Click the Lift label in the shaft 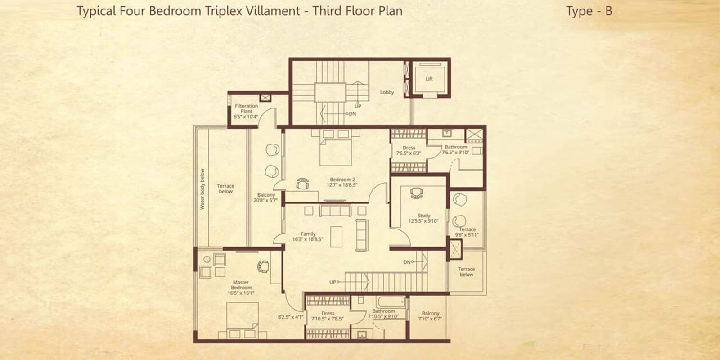click(429, 79)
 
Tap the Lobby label click(387, 92)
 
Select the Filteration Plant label click(246, 109)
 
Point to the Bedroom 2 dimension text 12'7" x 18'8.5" click(342, 184)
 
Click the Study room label click(423, 216)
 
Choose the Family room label click(308, 234)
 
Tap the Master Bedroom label click(241, 285)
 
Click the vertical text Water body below click(202, 189)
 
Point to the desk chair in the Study click(417, 193)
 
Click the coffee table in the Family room click(336, 237)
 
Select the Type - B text click(589, 11)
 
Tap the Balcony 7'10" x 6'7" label click(431, 316)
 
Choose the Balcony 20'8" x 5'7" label click(266, 198)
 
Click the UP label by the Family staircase click(333, 282)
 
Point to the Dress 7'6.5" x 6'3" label click(409, 150)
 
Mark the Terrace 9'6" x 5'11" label click(467, 232)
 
